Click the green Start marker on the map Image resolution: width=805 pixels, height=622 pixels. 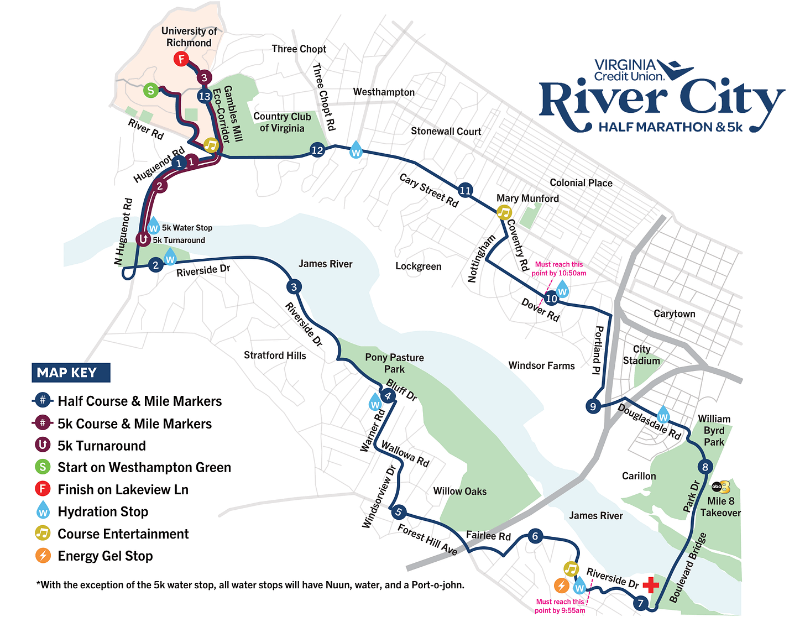pos(150,90)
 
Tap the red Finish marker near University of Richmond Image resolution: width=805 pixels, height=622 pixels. pos(181,59)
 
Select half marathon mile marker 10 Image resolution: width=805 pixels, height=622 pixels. pos(551,299)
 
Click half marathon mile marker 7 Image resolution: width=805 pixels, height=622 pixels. pos(640,603)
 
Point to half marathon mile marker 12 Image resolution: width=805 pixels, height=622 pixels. pos(317,150)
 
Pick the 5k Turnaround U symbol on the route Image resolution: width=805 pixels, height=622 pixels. pos(143,239)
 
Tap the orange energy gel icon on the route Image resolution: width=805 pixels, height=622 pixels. pos(561,586)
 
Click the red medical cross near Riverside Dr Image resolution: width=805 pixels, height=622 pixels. pos(651,584)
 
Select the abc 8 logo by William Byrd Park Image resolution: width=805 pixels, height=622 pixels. pos(720,487)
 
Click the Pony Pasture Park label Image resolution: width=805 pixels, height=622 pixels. pos(394,363)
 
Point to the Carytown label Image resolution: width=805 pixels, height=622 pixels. pos(674,313)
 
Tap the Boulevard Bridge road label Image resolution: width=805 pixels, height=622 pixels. pos(688,567)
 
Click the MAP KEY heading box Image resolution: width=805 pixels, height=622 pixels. pos(71,373)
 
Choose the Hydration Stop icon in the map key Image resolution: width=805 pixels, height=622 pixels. pos(43,511)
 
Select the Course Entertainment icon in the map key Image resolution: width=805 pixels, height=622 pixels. pos(43,534)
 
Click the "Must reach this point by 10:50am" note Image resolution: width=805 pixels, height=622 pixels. pos(558,269)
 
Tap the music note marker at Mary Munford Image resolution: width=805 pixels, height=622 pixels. pos(504,212)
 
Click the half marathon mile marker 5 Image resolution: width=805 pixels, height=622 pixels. pos(398,512)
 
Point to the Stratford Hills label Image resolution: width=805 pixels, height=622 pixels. pos(275,355)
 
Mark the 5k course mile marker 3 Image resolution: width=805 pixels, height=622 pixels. pos(204,78)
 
